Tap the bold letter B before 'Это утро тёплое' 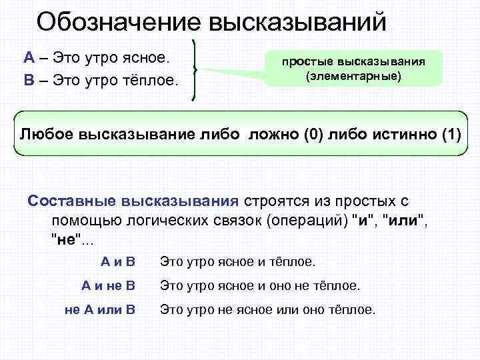29,81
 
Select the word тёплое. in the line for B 151,81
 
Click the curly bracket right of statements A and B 194,69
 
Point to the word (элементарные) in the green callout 353,77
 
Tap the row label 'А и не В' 108,286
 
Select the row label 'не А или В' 100,309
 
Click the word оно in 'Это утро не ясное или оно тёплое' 320,309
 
